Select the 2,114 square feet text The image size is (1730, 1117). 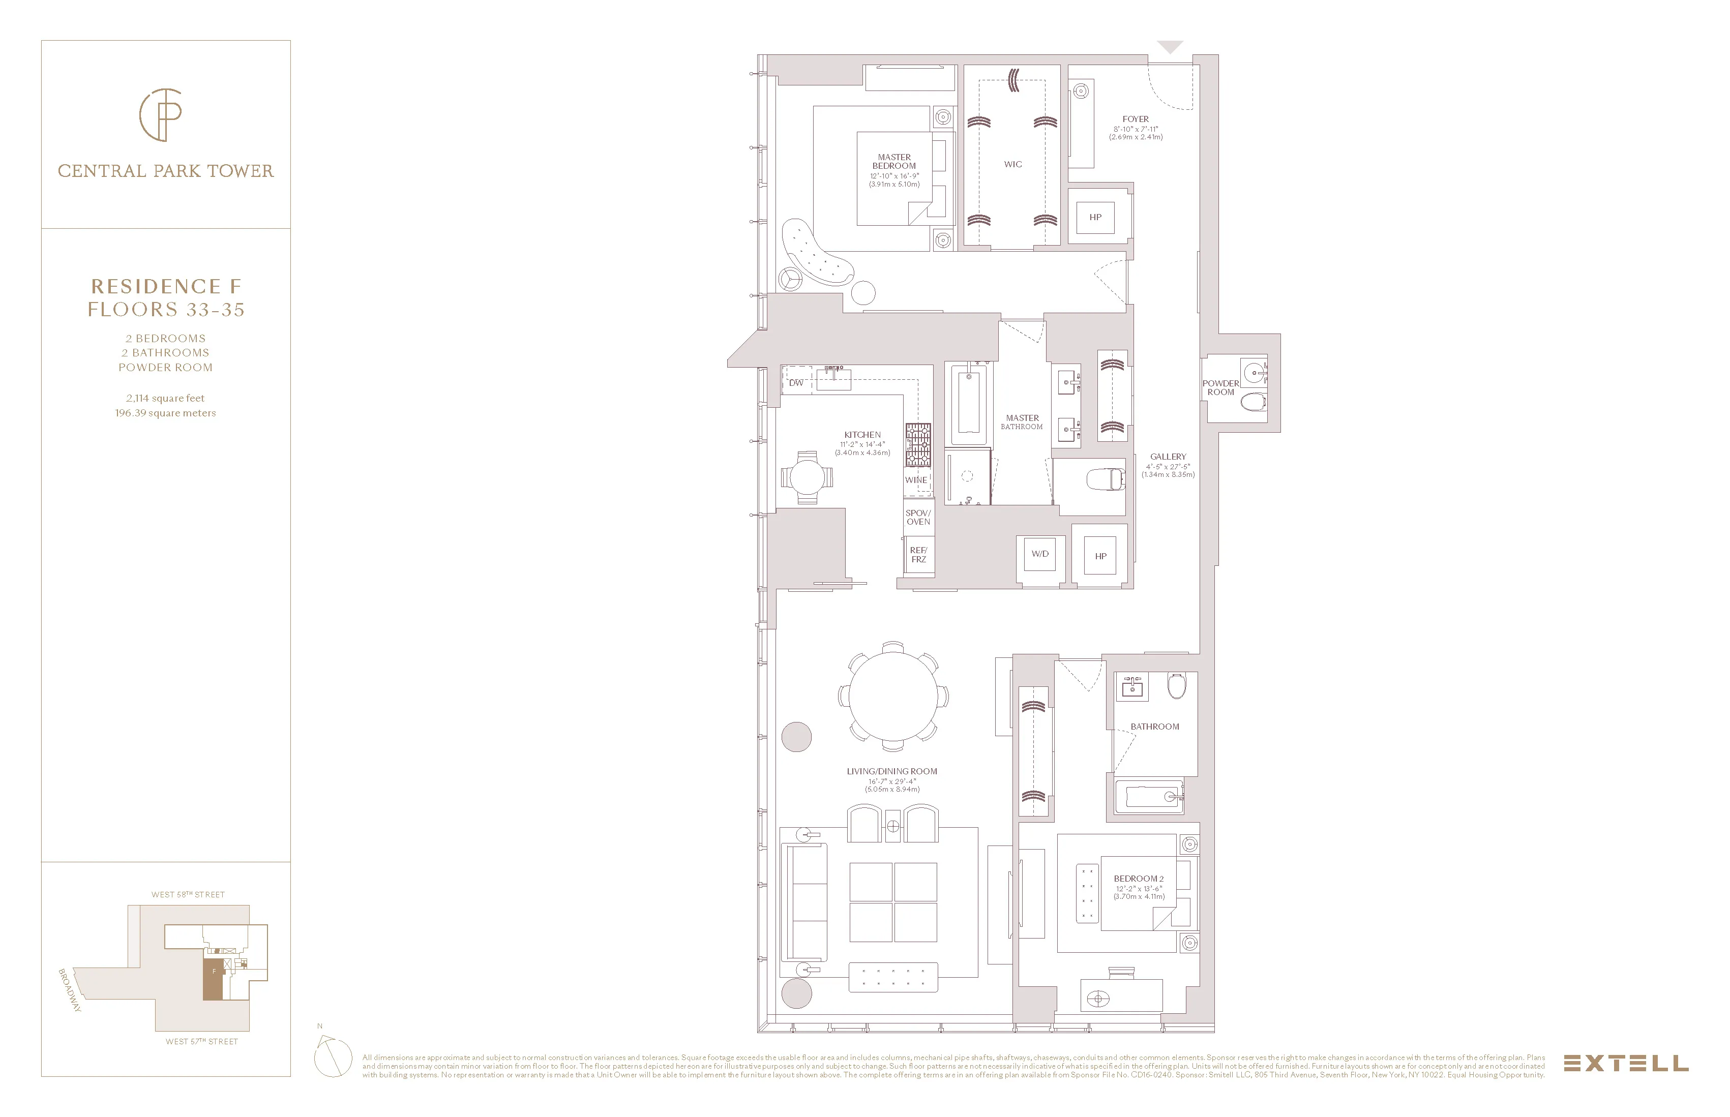[165, 398]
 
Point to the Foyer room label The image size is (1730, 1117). [1135, 119]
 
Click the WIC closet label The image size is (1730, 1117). [1012, 165]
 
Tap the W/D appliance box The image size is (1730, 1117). [1040, 555]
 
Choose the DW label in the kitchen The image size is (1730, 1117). [796, 382]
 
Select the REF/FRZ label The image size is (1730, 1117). [918, 555]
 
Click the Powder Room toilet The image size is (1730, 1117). [1252, 401]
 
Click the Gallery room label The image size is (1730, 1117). [1168, 457]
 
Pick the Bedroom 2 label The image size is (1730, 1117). [1139, 879]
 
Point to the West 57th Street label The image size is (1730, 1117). [202, 1042]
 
